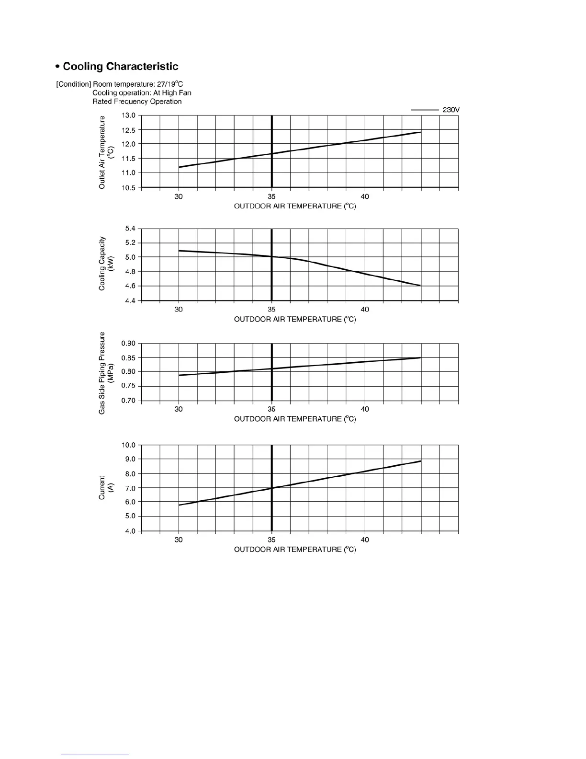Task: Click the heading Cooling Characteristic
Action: point(121,67)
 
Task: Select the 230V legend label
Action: point(451,110)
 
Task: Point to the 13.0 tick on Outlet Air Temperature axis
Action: point(128,115)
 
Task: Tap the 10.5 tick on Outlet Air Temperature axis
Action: point(128,188)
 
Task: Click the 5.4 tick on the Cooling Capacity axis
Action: point(130,229)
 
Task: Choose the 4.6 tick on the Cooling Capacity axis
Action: point(130,286)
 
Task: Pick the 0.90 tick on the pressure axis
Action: point(128,343)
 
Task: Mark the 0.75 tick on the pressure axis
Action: point(128,386)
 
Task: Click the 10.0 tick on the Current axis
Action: point(128,445)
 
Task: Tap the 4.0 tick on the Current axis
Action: point(130,531)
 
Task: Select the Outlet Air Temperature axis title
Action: point(106,152)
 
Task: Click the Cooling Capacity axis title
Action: point(106,264)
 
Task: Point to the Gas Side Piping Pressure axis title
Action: point(106,373)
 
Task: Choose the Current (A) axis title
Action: point(106,488)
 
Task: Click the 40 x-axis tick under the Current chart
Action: point(365,540)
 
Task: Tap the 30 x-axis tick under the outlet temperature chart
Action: point(179,196)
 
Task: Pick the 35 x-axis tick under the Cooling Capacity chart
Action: point(271,310)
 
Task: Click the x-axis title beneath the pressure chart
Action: point(295,419)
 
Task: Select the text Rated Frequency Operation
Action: point(137,102)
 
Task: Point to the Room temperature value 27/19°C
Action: point(170,84)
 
